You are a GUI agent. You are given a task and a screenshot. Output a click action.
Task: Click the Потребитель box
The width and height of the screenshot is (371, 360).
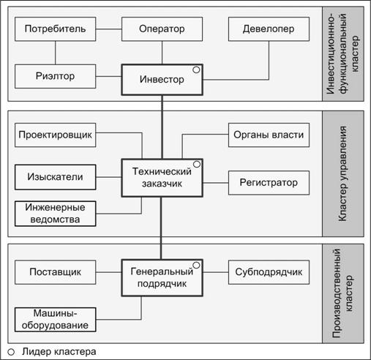click(x=55, y=29)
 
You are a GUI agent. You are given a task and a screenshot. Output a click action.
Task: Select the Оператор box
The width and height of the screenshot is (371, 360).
click(x=162, y=29)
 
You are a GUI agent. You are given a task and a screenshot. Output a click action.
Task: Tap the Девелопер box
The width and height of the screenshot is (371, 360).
click(x=269, y=29)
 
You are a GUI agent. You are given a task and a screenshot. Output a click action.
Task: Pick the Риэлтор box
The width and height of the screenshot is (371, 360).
click(x=55, y=76)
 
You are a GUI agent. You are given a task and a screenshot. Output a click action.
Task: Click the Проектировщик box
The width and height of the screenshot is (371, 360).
click(x=55, y=135)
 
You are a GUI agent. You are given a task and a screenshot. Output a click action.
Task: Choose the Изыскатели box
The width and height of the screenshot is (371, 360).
click(x=55, y=177)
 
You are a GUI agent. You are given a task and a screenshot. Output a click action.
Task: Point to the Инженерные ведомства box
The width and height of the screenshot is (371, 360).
click(x=55, y=214)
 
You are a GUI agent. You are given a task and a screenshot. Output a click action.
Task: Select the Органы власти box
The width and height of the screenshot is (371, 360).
click(x=269, y=135)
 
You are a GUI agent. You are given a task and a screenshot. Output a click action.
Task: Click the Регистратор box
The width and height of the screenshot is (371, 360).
click(x=269, y=183)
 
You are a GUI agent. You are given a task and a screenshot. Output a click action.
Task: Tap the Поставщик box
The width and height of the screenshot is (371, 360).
click(x=55, y=272)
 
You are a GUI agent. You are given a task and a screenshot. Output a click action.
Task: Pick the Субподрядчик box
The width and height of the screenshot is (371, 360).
click(x=269, y=272)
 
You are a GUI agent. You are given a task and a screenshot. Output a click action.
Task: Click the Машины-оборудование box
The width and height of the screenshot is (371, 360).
click(x=55, y=320)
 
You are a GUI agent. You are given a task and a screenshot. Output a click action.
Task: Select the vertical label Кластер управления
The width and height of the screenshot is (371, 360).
click(x=342, y=173)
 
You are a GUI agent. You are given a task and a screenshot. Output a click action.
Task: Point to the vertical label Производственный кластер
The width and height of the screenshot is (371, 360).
click(x=342, y=293)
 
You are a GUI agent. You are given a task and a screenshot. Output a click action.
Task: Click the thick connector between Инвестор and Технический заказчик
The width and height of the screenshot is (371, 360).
click(x=162, y=127)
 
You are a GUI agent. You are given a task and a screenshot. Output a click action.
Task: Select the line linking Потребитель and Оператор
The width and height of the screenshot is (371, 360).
click(x=108, y=29)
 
